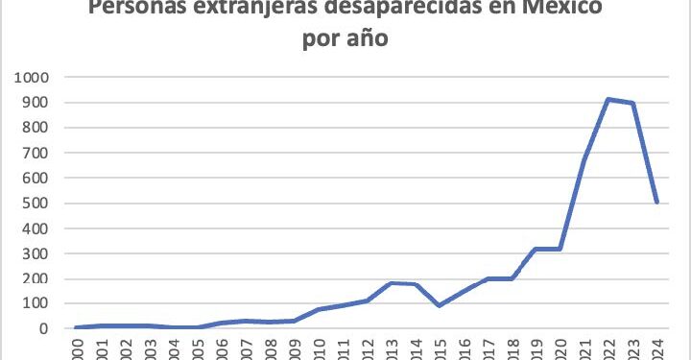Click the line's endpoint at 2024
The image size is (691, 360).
click(x=657, y=202)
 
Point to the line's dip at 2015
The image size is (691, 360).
click(x=439, y=305)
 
